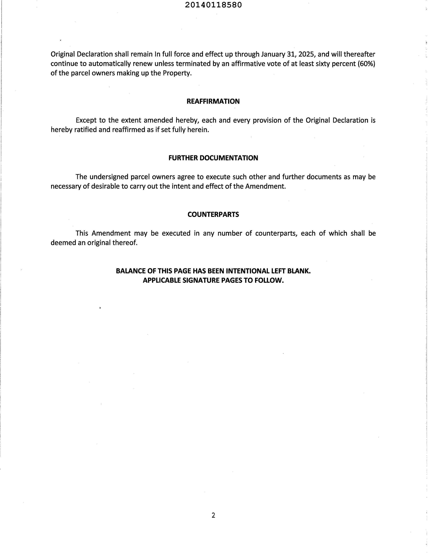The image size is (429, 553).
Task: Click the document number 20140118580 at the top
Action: [x=213, y=5]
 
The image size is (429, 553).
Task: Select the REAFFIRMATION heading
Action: [x=213, y=101]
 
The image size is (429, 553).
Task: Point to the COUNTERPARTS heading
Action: [x=213, y=214]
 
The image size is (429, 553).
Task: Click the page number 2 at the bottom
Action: [x=213, y=515]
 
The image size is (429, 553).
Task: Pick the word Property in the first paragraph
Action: [x=177, y=73]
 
